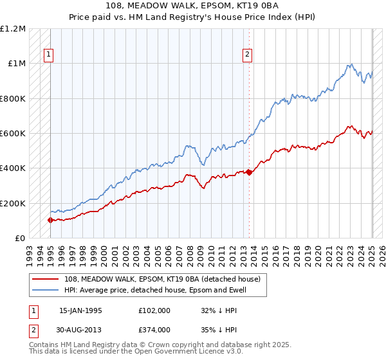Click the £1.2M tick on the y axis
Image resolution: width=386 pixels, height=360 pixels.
tap(12, 29)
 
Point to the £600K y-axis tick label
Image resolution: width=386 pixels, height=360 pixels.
tap(12, 134)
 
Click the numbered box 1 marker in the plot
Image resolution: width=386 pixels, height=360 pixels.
tap(49, 55)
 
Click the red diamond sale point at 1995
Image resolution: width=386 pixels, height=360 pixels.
tap(50, 220)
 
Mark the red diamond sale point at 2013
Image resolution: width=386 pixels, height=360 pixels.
tap(249, 172)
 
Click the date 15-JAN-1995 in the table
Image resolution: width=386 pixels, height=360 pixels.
tap(80, 310)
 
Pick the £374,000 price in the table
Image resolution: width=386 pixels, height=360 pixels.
tap(154, 330)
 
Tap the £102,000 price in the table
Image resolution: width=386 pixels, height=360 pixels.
tap(154, 310)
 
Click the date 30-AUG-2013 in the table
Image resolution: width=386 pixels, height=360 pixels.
tap(80, 330)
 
